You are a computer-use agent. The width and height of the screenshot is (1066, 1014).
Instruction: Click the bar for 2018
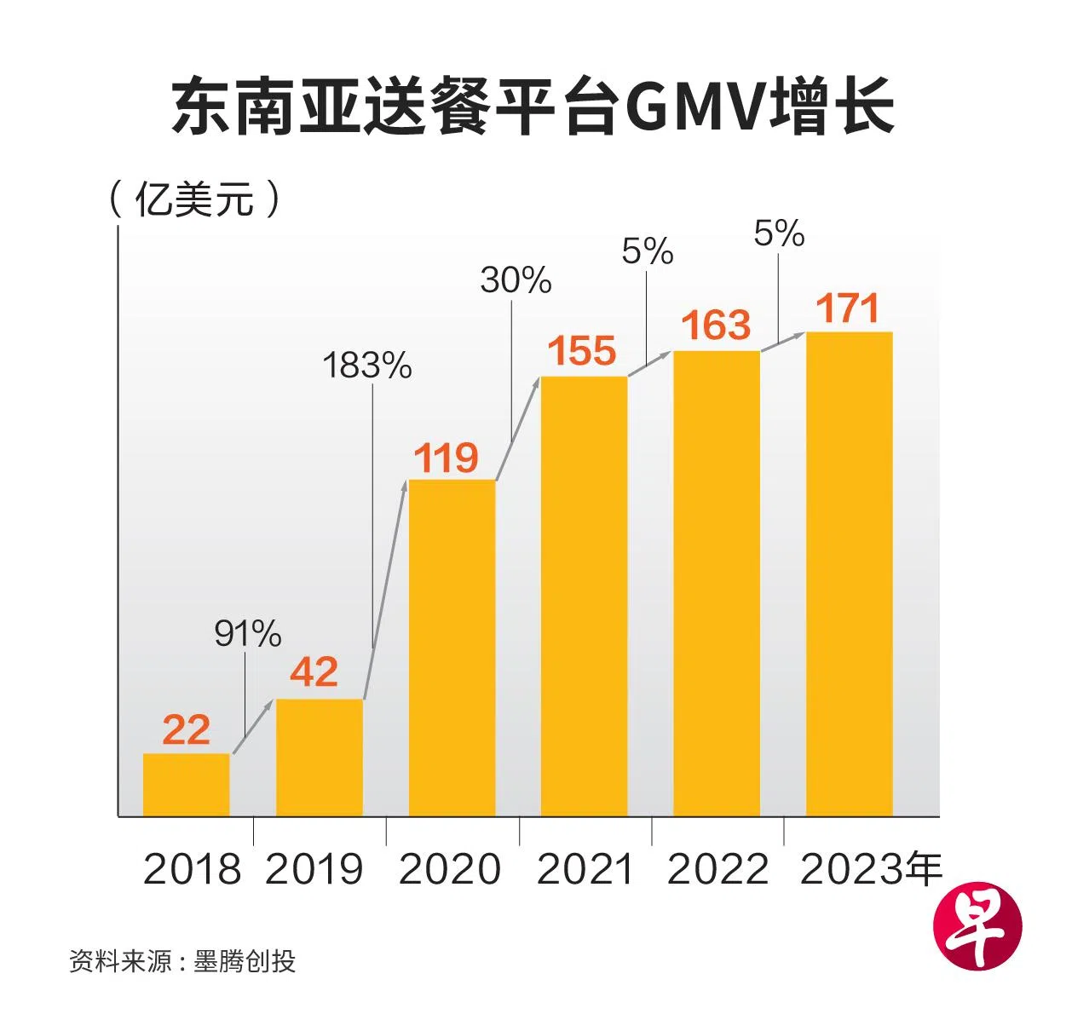[x=186, y=784]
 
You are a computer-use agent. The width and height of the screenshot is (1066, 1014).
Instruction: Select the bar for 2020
[x=452, y=648]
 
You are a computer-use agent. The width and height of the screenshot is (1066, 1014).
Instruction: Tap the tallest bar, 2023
[x=849, y=573]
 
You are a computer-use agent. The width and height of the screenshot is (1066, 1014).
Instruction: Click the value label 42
[x=314, y=672]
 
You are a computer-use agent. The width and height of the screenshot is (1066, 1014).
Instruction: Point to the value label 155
[x=582, y=350]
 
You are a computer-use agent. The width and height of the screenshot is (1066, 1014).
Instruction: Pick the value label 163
[x=716, y=326]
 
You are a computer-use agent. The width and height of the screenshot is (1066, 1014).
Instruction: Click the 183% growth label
[x=367, y=366]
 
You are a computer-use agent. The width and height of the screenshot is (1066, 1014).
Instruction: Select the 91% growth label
[x=247, y=634]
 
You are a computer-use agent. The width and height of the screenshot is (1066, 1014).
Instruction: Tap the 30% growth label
[x=516, y=280]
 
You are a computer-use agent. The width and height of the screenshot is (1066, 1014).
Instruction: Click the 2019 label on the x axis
[x=314, y=869]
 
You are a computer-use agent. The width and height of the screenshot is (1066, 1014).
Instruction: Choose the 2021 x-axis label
[x=585, y=869]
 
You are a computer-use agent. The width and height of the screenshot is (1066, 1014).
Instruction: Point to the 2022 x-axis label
[x=717, y=869]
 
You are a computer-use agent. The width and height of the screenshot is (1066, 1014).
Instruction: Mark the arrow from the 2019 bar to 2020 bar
[x=384, y=590]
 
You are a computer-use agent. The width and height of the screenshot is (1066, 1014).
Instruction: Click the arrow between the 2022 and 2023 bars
[x=783, y=341]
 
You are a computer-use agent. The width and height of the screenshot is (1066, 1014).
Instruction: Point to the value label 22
[x=186, y=729]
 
